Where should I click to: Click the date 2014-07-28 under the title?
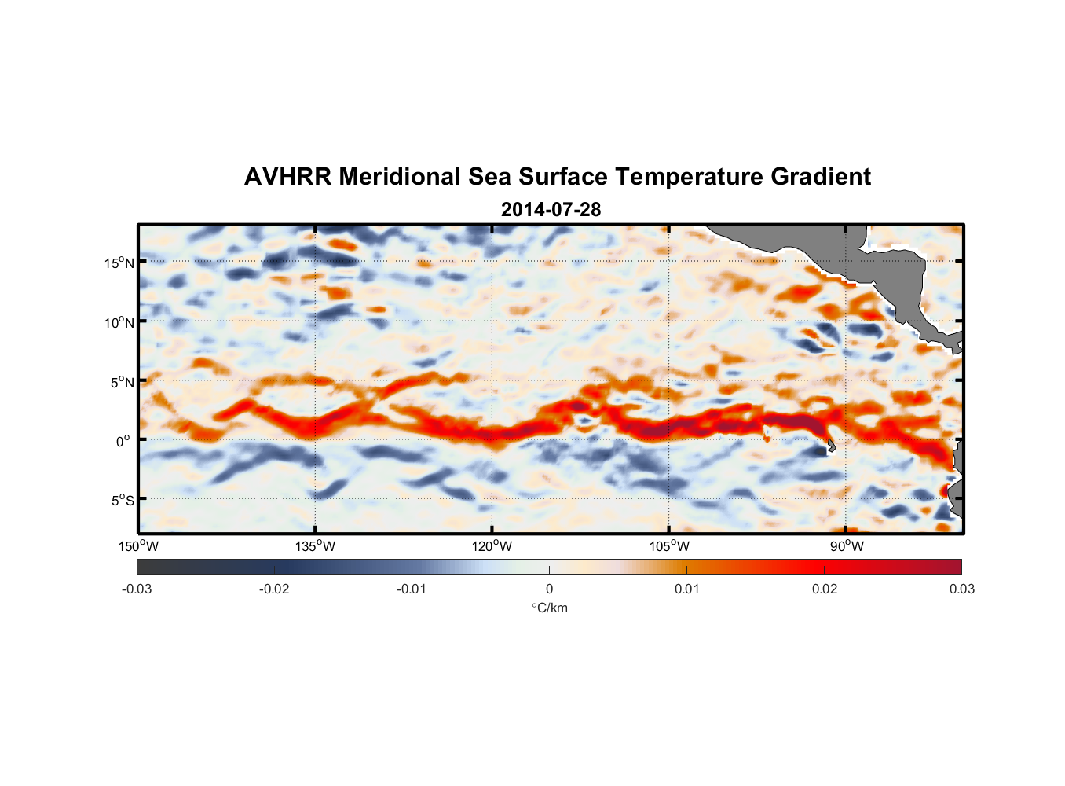[551, 210]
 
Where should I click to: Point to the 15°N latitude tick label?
[119, 263]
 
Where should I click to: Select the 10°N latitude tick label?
[119, 322]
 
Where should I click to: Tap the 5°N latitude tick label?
[123, 382]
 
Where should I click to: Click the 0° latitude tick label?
[124, 441]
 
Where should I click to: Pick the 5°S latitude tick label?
[123, 501]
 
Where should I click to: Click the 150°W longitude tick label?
[138, 546]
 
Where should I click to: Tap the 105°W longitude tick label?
[669, 546]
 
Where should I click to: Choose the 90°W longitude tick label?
[847, 546]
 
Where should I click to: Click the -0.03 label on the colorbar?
[137, 589]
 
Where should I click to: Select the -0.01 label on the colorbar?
[412, 589]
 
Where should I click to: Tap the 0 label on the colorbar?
[549, 589]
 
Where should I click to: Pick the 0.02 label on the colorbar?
[825, 589]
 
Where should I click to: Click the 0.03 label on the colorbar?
[961, 589]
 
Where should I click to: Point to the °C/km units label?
[549, 608]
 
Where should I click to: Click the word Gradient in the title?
[821, 177]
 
